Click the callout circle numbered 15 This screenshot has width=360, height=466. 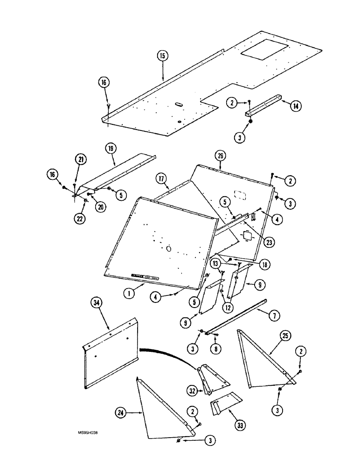(162, 56)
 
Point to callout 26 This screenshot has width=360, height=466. (220, 155)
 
